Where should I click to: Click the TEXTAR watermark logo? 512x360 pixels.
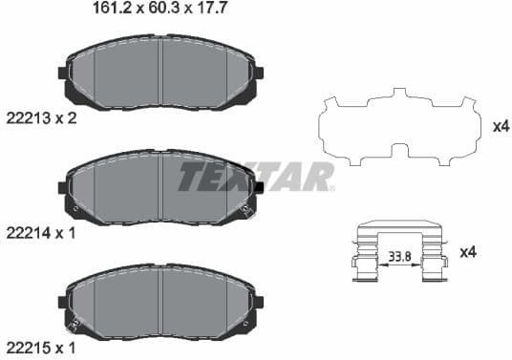(256, 177)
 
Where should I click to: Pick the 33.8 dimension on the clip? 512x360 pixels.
(398, 255)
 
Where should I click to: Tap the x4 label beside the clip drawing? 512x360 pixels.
(467, 252)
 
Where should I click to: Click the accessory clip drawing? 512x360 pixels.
(398, 251)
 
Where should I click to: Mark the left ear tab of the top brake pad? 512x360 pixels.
(63, 73)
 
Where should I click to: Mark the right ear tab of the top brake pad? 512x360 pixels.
(258, 73)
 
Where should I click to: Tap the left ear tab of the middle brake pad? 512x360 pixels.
(63, 186)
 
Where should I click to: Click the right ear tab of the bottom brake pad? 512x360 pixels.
(258, 302)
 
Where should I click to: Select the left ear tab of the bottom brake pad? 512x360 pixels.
(63, 302)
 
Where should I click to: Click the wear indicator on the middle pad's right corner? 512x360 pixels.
(246, 208)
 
